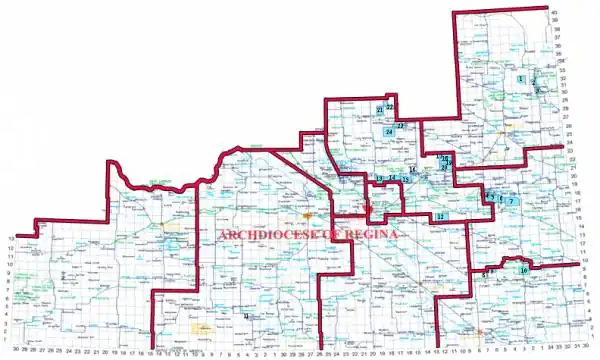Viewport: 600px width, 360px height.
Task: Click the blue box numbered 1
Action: (521, 79)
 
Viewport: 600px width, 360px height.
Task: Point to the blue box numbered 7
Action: (511, 201)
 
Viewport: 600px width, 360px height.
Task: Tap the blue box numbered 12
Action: (440, 216)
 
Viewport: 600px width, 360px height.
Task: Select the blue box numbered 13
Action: (379, 178)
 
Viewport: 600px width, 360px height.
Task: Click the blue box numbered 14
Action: (393, 178)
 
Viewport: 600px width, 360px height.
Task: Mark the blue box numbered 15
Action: (406, 180)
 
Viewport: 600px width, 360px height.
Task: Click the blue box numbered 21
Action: (380, 109)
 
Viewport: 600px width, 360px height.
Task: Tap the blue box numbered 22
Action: (390, 106)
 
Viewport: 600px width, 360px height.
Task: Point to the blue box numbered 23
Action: (400, 126)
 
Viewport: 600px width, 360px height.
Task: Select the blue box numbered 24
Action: (388, 132)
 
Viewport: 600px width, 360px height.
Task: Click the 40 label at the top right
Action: (553, 13)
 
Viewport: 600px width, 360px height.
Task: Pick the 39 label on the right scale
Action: (553, 21)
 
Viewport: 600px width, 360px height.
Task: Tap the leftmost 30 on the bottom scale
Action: (17, 352)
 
